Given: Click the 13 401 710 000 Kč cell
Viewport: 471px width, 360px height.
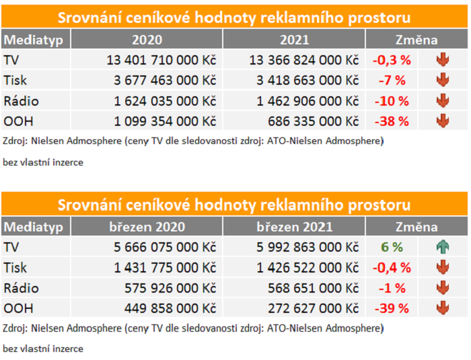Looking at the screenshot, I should point(161,60).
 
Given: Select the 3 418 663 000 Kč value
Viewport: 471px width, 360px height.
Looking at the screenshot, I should point(304,81).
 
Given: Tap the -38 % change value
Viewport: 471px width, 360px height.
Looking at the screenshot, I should point(391,122).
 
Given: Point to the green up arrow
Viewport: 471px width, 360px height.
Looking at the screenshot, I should point(442,247).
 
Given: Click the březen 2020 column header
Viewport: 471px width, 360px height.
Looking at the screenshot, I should point(147,227).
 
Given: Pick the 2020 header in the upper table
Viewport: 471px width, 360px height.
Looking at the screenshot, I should point(147,40).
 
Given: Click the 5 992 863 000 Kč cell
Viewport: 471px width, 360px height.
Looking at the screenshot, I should point(304,247).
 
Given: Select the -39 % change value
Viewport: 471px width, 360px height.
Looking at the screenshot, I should point(391,309).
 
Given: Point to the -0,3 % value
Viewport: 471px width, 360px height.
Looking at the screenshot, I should point(391,60).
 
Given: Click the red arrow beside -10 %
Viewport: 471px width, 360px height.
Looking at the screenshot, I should point(442,102).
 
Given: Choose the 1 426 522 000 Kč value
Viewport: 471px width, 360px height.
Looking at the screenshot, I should point(304,268).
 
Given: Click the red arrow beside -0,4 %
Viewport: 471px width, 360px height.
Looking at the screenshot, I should point(442,268).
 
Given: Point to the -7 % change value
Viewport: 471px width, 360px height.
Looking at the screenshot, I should point(391,81).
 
